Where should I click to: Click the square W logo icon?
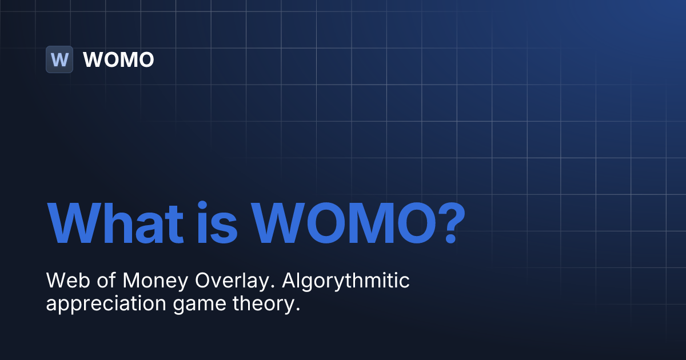(x=59, y=59)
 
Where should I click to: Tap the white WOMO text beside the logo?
(x=118, y=59)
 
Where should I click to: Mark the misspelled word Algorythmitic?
(x=346, y=281)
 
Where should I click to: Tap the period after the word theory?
(x=298, y=309)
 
